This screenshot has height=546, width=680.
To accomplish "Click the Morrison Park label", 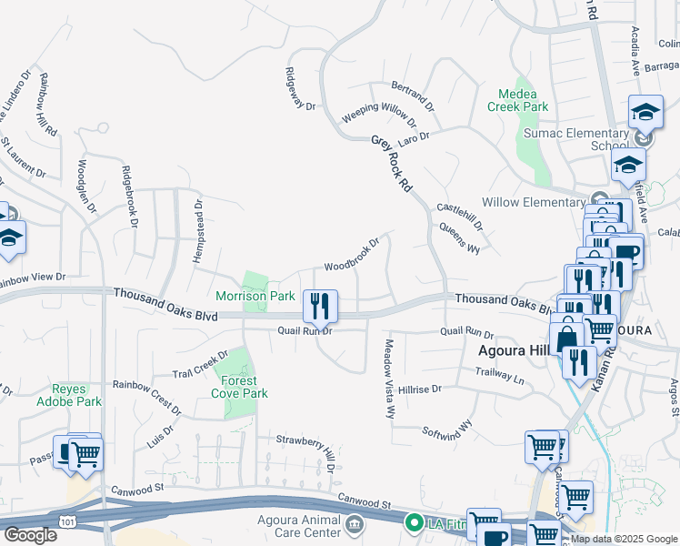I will [255, 296].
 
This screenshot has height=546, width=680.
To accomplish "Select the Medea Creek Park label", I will [524, 100].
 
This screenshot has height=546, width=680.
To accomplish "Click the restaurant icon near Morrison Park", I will [318, 306].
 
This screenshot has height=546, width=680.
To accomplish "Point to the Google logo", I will [29, 535].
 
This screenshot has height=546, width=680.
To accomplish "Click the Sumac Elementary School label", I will [575, 139].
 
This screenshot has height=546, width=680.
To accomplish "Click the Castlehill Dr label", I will [460, 216].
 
